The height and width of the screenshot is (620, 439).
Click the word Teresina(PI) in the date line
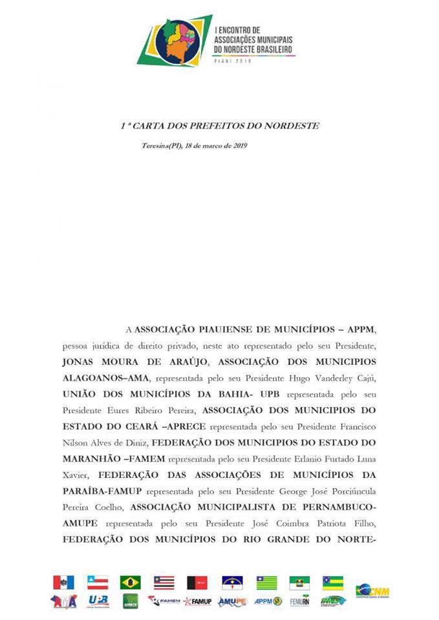(162, 146)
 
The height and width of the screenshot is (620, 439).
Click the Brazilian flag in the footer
(130, 583)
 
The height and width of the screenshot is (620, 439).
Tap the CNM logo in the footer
(372, 591)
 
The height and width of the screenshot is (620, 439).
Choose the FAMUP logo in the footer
(197, 601)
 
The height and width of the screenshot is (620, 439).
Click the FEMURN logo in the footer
(299, 601)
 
